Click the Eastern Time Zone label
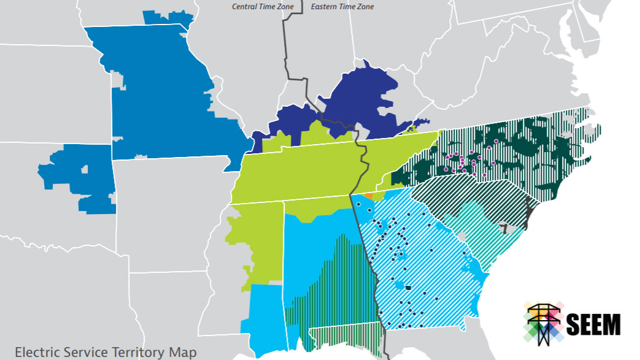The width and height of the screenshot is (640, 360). (x=342, y=7)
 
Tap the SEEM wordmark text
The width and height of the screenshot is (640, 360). (x=593, y=324)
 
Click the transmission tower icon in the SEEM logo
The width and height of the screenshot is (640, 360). (x=544, y=323)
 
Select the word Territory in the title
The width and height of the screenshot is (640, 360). (x=137, y=352)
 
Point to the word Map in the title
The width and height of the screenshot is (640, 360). (x=184, y=352)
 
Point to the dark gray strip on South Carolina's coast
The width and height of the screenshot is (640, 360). (x=528, y=212)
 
